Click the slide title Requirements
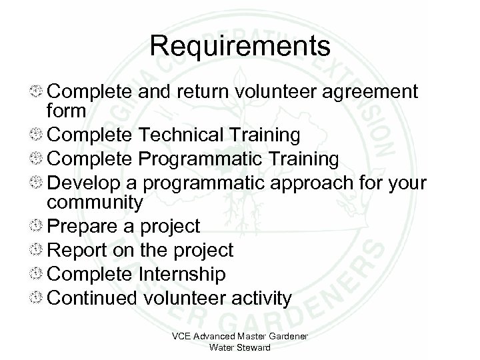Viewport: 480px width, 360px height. [240, 46]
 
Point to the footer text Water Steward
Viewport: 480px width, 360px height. [239, 347]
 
